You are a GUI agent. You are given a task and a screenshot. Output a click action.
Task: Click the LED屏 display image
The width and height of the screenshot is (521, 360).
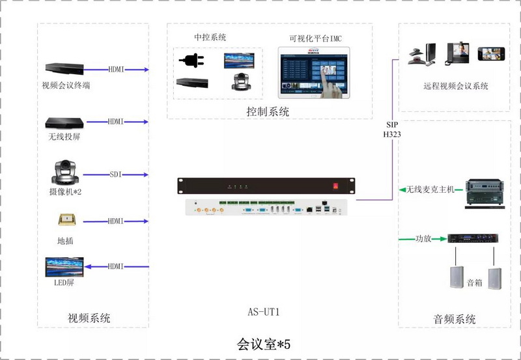coord(64,266)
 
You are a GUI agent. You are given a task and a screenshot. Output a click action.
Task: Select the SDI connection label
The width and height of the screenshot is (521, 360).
coord(116,174)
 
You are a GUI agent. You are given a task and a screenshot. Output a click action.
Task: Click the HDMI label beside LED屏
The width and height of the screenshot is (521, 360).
coord(116,266)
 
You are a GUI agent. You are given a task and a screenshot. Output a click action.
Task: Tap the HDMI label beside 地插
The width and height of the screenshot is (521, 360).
coord(116,221)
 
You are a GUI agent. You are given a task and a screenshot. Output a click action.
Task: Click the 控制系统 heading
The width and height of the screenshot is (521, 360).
coord(268,111)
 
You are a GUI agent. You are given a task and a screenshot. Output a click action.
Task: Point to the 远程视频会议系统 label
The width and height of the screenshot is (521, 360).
coord(455,86)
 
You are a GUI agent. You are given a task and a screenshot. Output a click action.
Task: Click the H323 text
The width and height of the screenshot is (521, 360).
coord(393,134)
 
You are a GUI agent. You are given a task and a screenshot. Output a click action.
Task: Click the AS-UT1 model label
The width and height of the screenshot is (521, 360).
coord(264,312)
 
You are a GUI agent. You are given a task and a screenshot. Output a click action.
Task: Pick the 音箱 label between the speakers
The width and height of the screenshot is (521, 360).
coord(475,283)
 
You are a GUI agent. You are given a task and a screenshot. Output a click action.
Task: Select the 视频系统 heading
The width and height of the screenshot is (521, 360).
coord(89,318)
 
